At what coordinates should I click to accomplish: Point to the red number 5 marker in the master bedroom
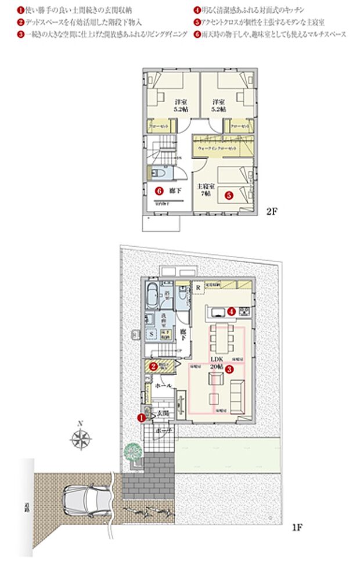click(229, 196)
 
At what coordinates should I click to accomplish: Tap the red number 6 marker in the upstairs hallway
click(157, 190)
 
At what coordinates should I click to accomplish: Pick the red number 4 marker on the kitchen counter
click(231, 311)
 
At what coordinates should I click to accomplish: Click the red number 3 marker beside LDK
click(229, 369)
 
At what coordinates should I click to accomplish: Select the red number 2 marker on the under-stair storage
click(153, 366)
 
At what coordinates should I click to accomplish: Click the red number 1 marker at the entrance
click(141, 417)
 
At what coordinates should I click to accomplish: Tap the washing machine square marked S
click(151, 334)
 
